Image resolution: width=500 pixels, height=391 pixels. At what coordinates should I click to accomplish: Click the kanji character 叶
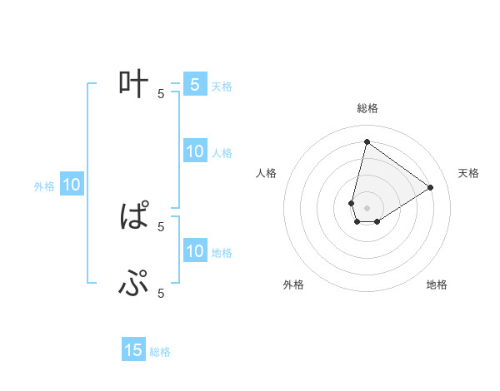pos(133,83)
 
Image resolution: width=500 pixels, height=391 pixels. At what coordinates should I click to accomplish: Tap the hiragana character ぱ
pos(134,218)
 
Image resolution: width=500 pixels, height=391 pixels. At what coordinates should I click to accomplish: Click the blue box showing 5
pos(194,85)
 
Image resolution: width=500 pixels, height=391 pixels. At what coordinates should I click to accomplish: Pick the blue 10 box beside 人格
pos(194,152)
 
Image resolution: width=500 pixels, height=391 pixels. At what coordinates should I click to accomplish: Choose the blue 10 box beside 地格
pos(194,251)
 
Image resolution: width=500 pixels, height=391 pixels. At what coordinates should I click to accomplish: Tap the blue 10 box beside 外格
pos(71,186)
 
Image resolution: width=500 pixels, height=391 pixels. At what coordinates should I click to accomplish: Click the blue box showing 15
pos(133,350)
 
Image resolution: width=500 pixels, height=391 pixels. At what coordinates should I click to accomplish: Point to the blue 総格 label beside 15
pos(160,352)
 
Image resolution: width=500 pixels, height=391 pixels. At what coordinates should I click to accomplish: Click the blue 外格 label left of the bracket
pos(44,186)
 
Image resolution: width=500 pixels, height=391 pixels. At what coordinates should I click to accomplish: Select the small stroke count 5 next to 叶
pos(161,93)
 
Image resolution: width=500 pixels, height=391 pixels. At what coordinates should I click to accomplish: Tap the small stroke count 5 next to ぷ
pos(161,293)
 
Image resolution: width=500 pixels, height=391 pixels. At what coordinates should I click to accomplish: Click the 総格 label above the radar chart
pos(367,108)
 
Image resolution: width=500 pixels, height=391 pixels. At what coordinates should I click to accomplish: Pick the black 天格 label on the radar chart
pos(469,173)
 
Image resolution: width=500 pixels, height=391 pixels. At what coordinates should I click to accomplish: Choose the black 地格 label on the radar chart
pos(437,285)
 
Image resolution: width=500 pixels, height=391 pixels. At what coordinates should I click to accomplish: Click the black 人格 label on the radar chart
pos(267,173)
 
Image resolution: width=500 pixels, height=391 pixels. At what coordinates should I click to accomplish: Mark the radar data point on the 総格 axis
pos(367,141)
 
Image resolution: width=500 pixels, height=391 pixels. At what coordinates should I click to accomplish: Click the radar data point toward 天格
pos(431,187)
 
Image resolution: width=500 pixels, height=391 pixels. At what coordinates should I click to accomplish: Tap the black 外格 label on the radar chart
pos(293,285)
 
